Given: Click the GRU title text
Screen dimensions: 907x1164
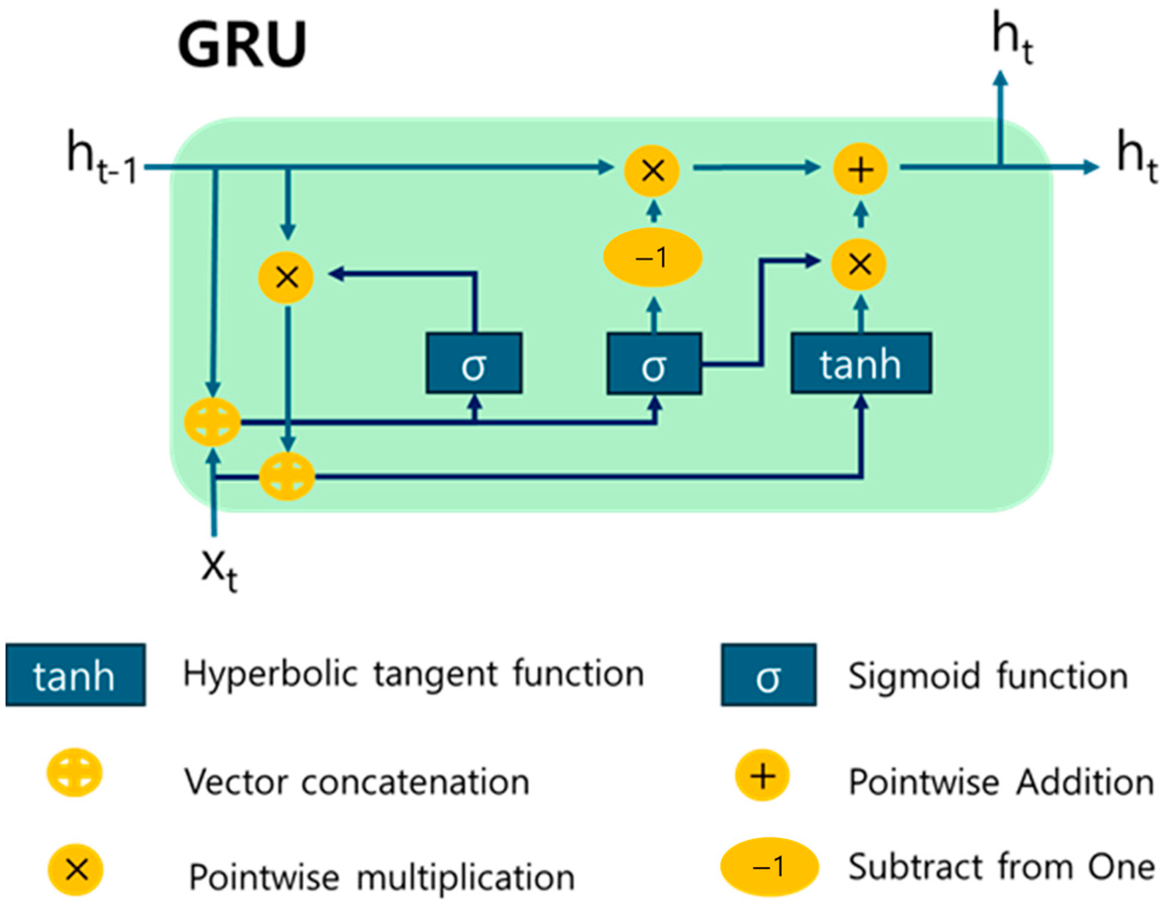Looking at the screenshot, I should point(242,45).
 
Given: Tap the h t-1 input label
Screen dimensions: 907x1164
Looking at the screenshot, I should point(101,157).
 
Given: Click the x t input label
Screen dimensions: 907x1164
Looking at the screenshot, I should point(219,570).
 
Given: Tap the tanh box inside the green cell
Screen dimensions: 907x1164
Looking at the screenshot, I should point(861,364).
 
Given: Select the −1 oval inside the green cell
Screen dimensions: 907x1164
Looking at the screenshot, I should point(652,258).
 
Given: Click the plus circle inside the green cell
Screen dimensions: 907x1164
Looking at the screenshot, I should point(860,170).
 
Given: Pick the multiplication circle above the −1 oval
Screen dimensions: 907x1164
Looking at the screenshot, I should point(652,171).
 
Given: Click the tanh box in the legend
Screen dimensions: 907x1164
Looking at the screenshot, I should point(75,675).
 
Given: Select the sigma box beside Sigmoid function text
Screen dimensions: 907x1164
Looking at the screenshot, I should point(768,675).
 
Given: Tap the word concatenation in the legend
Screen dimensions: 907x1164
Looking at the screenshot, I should point(415,782).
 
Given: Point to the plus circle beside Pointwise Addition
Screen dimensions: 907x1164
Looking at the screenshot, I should point(762,776).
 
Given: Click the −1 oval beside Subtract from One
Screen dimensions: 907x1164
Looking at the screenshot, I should point(769,867).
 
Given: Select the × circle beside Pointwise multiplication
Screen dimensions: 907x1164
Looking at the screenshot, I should point(76,870).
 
